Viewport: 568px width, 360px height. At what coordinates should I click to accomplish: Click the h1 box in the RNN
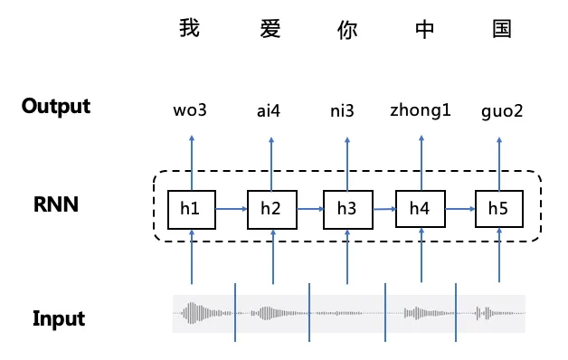pos(191,209)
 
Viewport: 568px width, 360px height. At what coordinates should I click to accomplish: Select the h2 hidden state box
pos(270,209)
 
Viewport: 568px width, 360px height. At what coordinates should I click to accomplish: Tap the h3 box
pos(346,209)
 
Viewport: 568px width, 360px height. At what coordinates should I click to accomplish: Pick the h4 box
pos(420,209)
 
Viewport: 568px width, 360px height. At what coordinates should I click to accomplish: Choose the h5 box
pos(498,209)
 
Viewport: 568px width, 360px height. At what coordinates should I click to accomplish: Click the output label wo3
pos(190,112)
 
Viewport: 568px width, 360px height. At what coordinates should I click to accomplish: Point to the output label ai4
pos(269,112)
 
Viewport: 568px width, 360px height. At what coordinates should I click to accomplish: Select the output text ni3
pos(342,112)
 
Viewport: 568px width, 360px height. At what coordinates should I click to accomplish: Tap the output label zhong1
pos(421,111)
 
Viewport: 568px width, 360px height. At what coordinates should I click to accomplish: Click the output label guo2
pos(502,113)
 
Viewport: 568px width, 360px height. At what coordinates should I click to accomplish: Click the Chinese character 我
pos(189,29)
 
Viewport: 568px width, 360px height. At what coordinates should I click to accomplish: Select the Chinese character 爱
pos(269,29)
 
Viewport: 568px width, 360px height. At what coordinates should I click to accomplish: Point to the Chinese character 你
pos(346,29)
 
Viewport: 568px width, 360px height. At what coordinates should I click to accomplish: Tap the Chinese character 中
pos(424,29)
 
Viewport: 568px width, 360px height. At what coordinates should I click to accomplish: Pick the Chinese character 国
pos(502,29)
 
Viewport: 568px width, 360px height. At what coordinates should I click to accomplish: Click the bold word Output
pos(56,106)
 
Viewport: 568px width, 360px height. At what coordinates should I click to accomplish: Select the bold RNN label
pos(56,205)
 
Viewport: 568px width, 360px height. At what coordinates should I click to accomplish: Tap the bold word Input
pos(59,318)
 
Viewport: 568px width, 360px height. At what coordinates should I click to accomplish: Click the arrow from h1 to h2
pos(231,209)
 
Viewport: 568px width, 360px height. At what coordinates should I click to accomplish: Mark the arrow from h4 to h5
pos(459,209)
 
